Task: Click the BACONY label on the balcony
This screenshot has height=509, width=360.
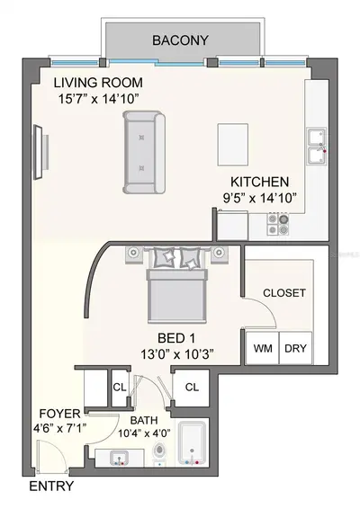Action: click(x=180, y=40)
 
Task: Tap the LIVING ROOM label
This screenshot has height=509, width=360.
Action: click(x=98, y=83)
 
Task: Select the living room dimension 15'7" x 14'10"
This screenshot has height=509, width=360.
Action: click(x=96, y=99)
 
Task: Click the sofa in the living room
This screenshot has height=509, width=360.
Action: click(x=144, y=152)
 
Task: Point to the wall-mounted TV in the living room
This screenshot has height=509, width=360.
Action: click(x=39, y=152)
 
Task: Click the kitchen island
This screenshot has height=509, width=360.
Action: click(x=232, y=145)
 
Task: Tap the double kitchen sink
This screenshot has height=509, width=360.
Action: click(x=317, y=147)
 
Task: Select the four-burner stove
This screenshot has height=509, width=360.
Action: click(x=278, y=224)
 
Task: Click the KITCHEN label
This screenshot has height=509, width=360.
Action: click(x=259, y=182)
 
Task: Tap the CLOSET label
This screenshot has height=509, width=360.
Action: click(x=284, y=293)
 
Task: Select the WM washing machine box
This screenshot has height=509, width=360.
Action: click(x=263, y=348)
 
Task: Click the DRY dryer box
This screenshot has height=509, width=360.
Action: click(x=296, y=348)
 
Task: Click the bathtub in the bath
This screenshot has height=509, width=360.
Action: click(x=192, y=443)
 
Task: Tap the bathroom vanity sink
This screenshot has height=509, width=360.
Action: click(x=119, y=458)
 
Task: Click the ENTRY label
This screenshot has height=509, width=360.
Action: click(x=51, y=487)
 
